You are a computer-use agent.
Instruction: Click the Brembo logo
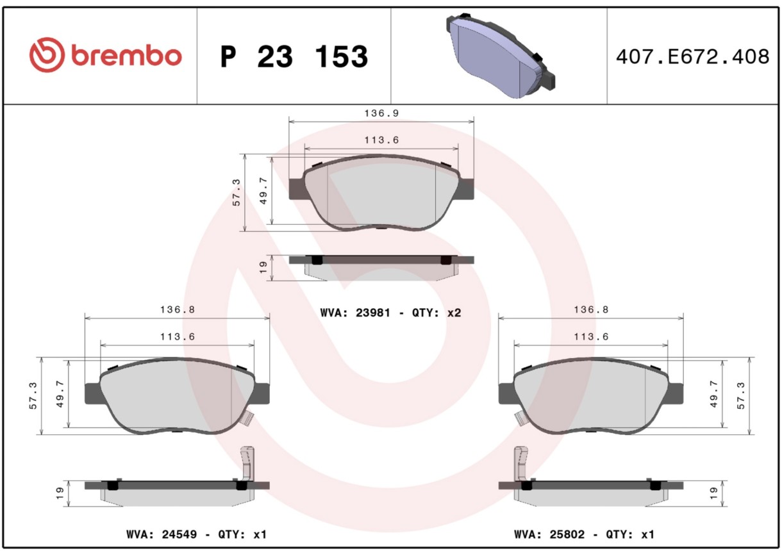tap(105, 55)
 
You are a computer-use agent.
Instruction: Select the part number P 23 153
tap(294, 56)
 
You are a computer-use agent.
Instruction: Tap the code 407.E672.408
tap(693, 56)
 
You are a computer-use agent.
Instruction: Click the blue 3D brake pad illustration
tap(501, 56)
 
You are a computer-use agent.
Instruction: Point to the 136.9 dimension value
tap(381, 113)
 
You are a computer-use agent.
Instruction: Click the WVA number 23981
tap(372, 313)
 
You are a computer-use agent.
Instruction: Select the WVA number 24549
tap(179, 534)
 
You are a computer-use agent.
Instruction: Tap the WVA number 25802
tap(567, 534)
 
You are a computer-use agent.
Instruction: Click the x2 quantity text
tap(454, 313)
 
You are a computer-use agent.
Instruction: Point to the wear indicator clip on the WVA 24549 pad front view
tap(247, 417)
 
